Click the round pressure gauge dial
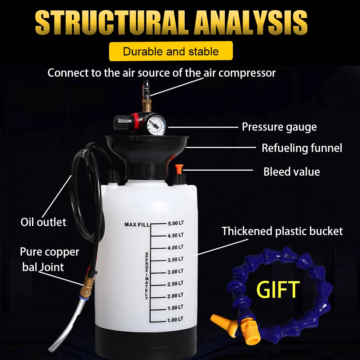[x=156, y=125]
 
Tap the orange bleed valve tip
[x=179, y=168]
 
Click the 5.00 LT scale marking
[x=176, y=223]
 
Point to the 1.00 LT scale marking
[x=175, y=320]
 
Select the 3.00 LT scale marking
[x=175, y=271]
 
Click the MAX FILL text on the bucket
[x=137, y=225]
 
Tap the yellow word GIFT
[x=278, y=289]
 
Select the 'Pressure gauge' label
[x=279, y=127]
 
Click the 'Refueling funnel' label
[x=302, y=148]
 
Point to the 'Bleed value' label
[x=292, y=172]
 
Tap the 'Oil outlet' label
[x=44, y=222]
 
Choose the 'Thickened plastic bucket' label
[x=282, y=231]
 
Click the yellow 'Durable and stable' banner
[x=171, y=51]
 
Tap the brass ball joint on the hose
[x=87, y=286]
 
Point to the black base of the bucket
[x=146, y=342]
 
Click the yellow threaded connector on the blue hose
[x=249, y=331]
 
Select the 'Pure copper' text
[x=50, y=252]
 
